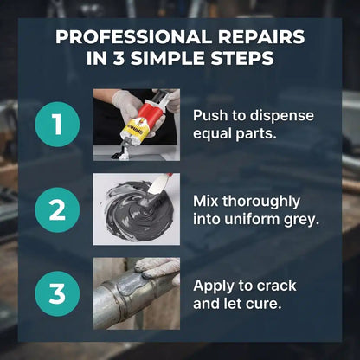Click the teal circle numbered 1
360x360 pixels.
pos(57,125)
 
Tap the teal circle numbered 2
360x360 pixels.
pos(57,209)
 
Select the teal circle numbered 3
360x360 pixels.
pos(57,293)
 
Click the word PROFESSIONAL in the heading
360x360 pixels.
pos(133,37)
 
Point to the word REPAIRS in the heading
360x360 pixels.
pos(261,37)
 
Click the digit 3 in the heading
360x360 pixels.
pos(119,58)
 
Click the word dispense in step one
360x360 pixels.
pos(282,116)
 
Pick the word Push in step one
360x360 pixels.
pos(210,115)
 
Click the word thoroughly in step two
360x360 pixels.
pos(261,202)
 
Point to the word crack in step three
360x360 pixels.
pos(276,286)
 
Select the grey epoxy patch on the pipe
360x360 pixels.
pos(135,283)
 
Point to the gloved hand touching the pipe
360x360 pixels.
pos(157,268)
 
